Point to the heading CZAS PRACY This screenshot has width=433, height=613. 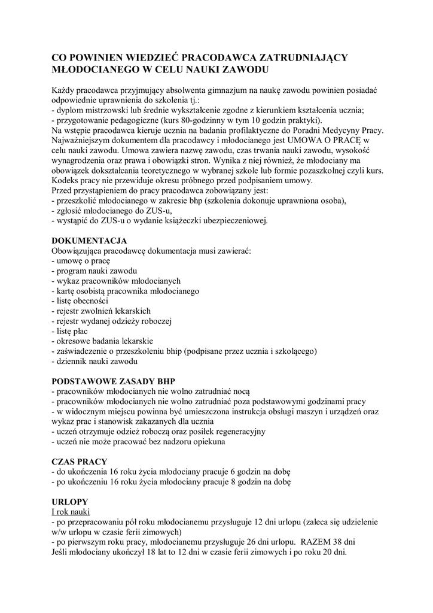80,462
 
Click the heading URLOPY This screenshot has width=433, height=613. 70,501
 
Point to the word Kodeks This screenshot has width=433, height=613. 66,180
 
